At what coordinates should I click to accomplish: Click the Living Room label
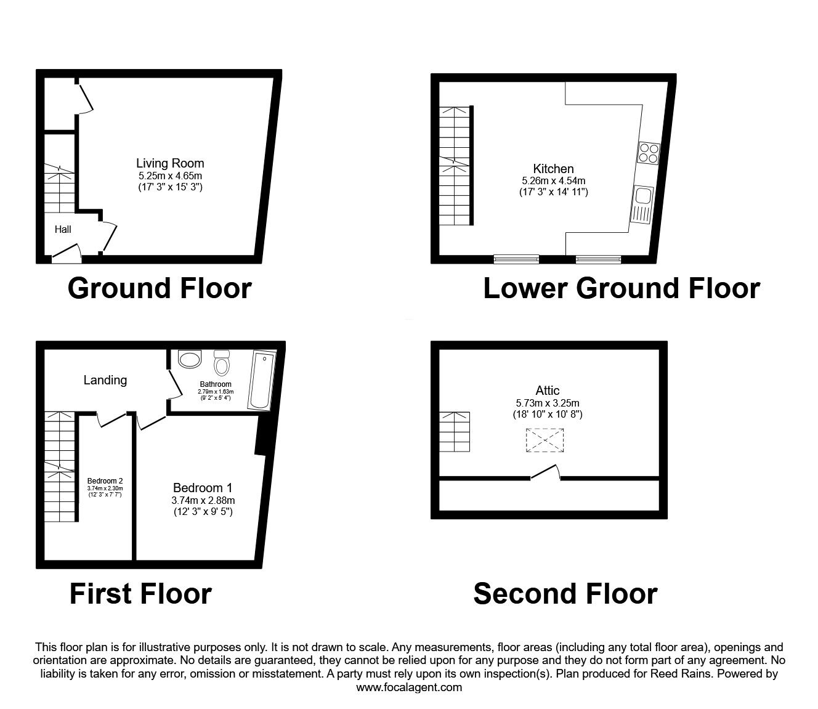[x=170, y=163]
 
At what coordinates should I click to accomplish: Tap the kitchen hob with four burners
[x=649, y=152]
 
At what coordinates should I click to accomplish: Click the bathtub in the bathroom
[x=260, y=380]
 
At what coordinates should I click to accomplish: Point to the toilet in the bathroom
[x=221, y=363]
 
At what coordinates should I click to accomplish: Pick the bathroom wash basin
[x=189, y=359]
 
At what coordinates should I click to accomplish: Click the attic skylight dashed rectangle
[x=545, y=441]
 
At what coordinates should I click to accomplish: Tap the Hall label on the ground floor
[x=63, y=230]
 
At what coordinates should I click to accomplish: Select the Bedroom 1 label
[x=203, y=487]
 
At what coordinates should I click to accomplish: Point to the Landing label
[x=105, y=380]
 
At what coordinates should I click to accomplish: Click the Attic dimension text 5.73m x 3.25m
[x=548, y=403]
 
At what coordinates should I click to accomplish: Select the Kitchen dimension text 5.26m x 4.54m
[x=553, y=181]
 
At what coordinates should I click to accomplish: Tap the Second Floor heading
[x=565, y=594]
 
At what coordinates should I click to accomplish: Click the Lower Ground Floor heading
[x=621, y=288]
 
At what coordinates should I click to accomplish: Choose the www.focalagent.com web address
[x=409, y=687]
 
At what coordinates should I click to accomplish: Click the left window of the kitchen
[x=516, y=259]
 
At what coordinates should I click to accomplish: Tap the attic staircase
[x=455, y=432]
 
